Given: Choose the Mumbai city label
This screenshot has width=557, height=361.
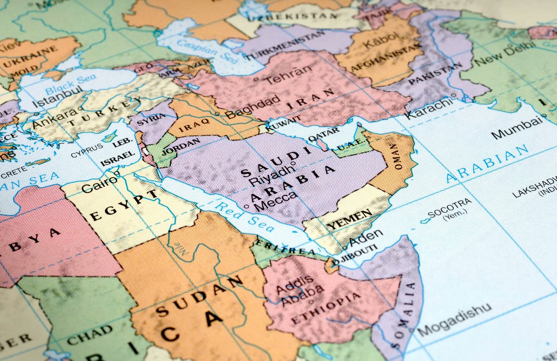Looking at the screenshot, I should pos(517,128).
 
